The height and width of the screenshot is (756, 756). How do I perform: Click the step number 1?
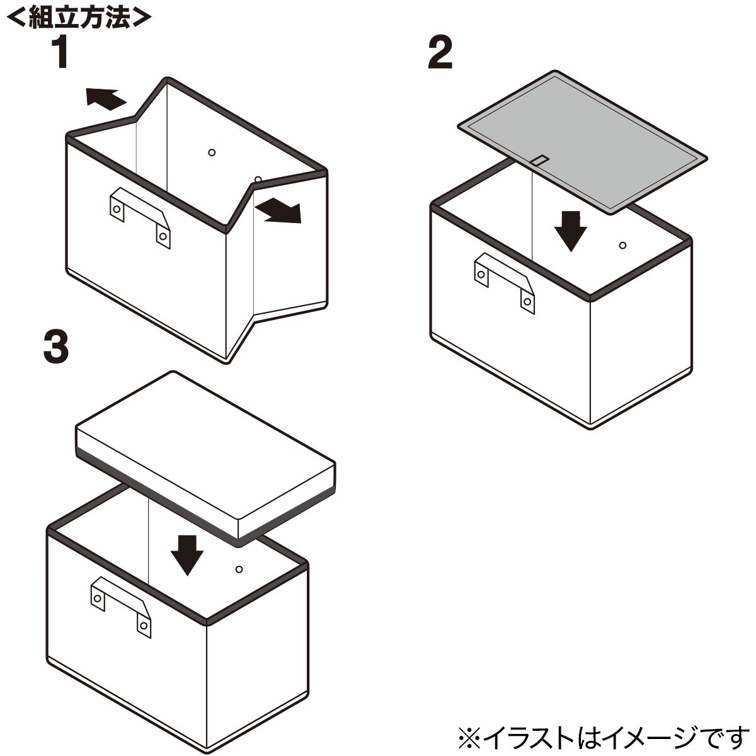point(62,52)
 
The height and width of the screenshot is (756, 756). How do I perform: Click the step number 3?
point(56,346)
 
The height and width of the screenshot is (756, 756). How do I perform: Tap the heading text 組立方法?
point(79,16)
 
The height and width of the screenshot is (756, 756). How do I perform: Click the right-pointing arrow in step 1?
point(278,211)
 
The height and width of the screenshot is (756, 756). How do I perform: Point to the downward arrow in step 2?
point(570,231)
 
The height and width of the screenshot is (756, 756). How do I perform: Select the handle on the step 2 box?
point(504,283)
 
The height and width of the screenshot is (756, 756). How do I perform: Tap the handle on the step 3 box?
point(120,607)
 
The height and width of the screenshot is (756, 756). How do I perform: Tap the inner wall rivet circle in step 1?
point(212,152)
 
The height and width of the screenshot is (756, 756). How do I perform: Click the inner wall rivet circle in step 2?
point(622,246)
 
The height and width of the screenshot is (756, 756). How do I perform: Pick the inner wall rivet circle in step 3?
point(239,570)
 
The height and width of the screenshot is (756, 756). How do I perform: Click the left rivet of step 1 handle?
point(117,209)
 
